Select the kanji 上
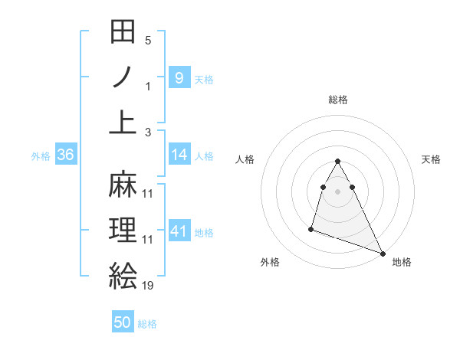coord(123,123)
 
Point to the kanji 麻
coord(123,184)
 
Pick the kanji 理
coord(123,230)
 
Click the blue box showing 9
coord(179,77)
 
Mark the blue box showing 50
coord(123,323)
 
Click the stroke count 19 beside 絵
coord(147,286)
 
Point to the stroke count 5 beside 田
coord(148,41)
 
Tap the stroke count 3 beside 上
coord(148,133)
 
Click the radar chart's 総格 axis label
coord(338,100)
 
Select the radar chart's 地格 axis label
coord(402,262)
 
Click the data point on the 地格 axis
coord(383,254)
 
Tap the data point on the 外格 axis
coord(311,228)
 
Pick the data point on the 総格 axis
coord(338,162)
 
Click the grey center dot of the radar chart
coord(338,191)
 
